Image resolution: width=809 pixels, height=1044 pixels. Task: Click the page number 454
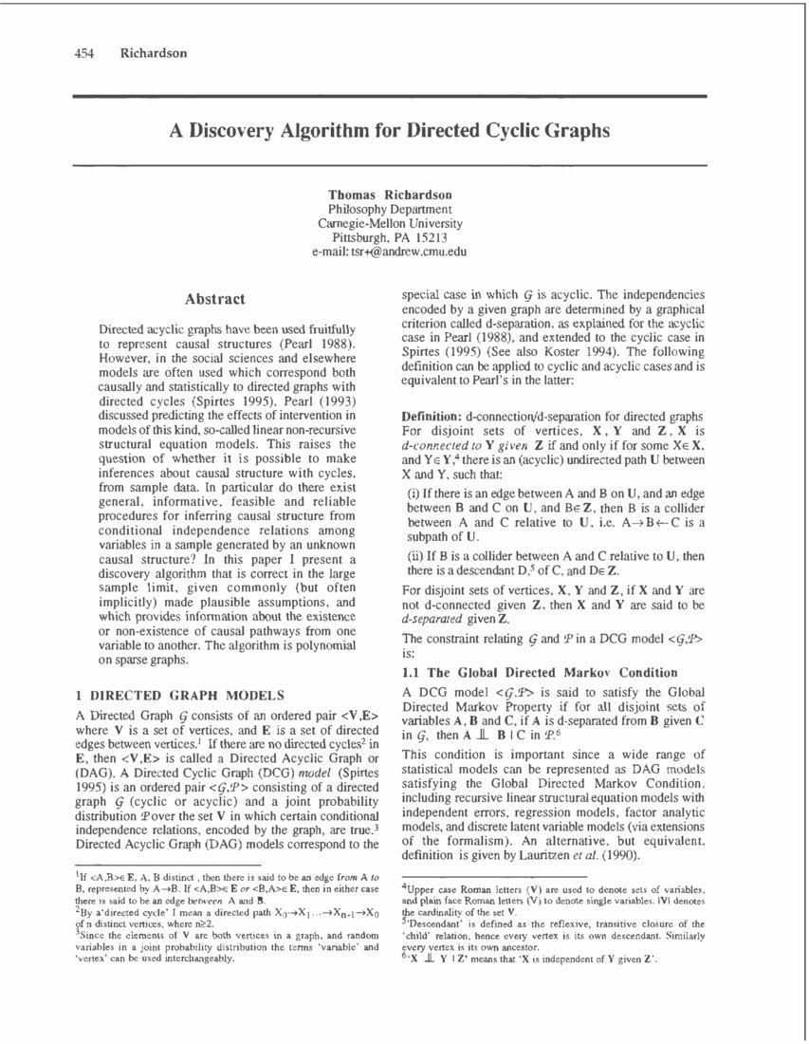point(86,53)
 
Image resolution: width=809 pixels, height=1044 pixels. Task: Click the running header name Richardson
point(154,53)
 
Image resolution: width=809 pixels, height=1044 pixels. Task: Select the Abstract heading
point(215,299)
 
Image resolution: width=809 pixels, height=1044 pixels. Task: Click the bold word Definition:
point(432,417)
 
